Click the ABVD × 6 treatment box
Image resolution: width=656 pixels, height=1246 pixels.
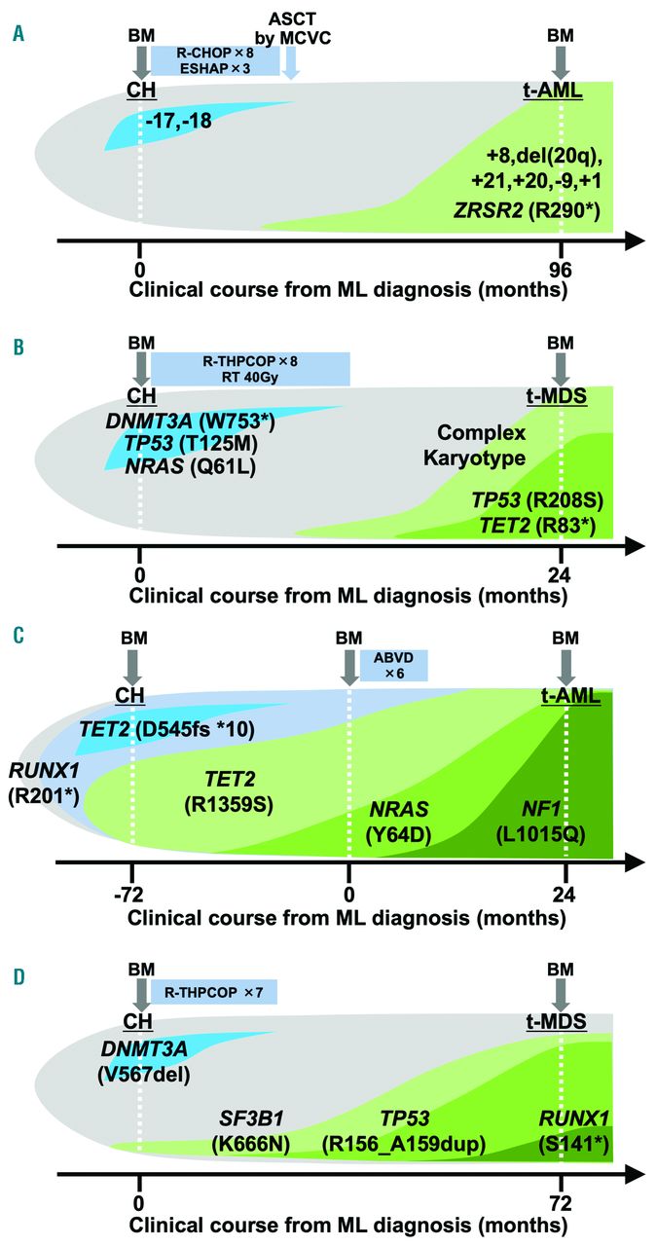pyautogui.click(x=393, y=665)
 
